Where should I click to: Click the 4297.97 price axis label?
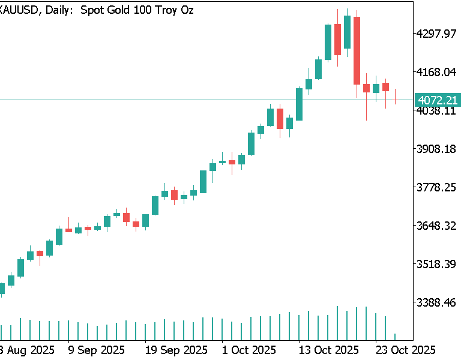pos(436,34)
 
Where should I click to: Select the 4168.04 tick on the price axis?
pos(436,72)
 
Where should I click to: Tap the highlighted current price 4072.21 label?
pos(436,100)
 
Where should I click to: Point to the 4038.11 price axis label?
pos(436,111)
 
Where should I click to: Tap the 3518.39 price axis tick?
pos(436,264)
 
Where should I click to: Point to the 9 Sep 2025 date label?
pos(96,350)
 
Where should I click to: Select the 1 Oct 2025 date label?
pos(249,350)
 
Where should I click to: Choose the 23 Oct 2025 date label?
pos(405,350)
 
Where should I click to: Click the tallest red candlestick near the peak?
pos(357,50)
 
